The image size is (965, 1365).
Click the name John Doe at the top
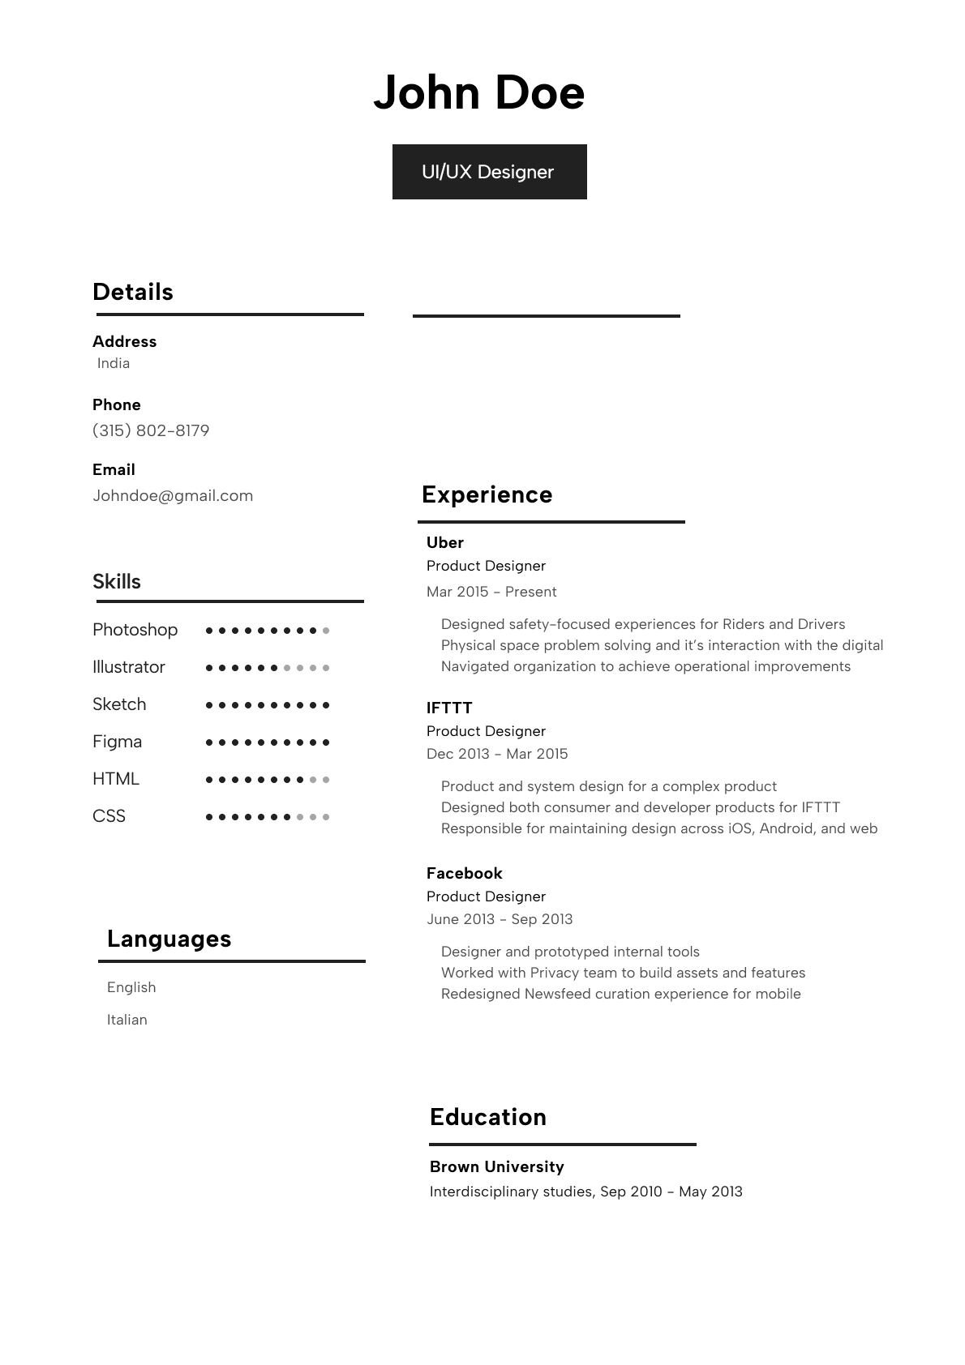(478, 92)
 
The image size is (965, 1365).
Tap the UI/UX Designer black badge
(489, 172)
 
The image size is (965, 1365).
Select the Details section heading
(133, 292)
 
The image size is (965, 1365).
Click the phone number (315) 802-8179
(151, 430)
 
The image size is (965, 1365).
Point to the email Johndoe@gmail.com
(173, 495)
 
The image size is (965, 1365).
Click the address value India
(114, 363)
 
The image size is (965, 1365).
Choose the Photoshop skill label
(135, 630)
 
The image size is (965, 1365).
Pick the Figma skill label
(117, 742)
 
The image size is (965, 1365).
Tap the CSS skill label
(109, 816)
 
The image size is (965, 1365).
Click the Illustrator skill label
(128, 667)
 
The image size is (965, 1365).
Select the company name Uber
(445, 542)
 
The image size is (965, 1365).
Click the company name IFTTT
(449, 708)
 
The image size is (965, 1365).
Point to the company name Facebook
(464, 873)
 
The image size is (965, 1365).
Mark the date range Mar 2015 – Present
(491, 592)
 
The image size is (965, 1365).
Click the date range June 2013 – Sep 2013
(500, 919)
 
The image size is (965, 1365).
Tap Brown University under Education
(496, 1166)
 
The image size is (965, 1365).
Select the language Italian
(127, 1020)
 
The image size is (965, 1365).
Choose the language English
(131, 987)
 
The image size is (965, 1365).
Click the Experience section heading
(487, 494)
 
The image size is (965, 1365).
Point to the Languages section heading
(169, 939)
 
